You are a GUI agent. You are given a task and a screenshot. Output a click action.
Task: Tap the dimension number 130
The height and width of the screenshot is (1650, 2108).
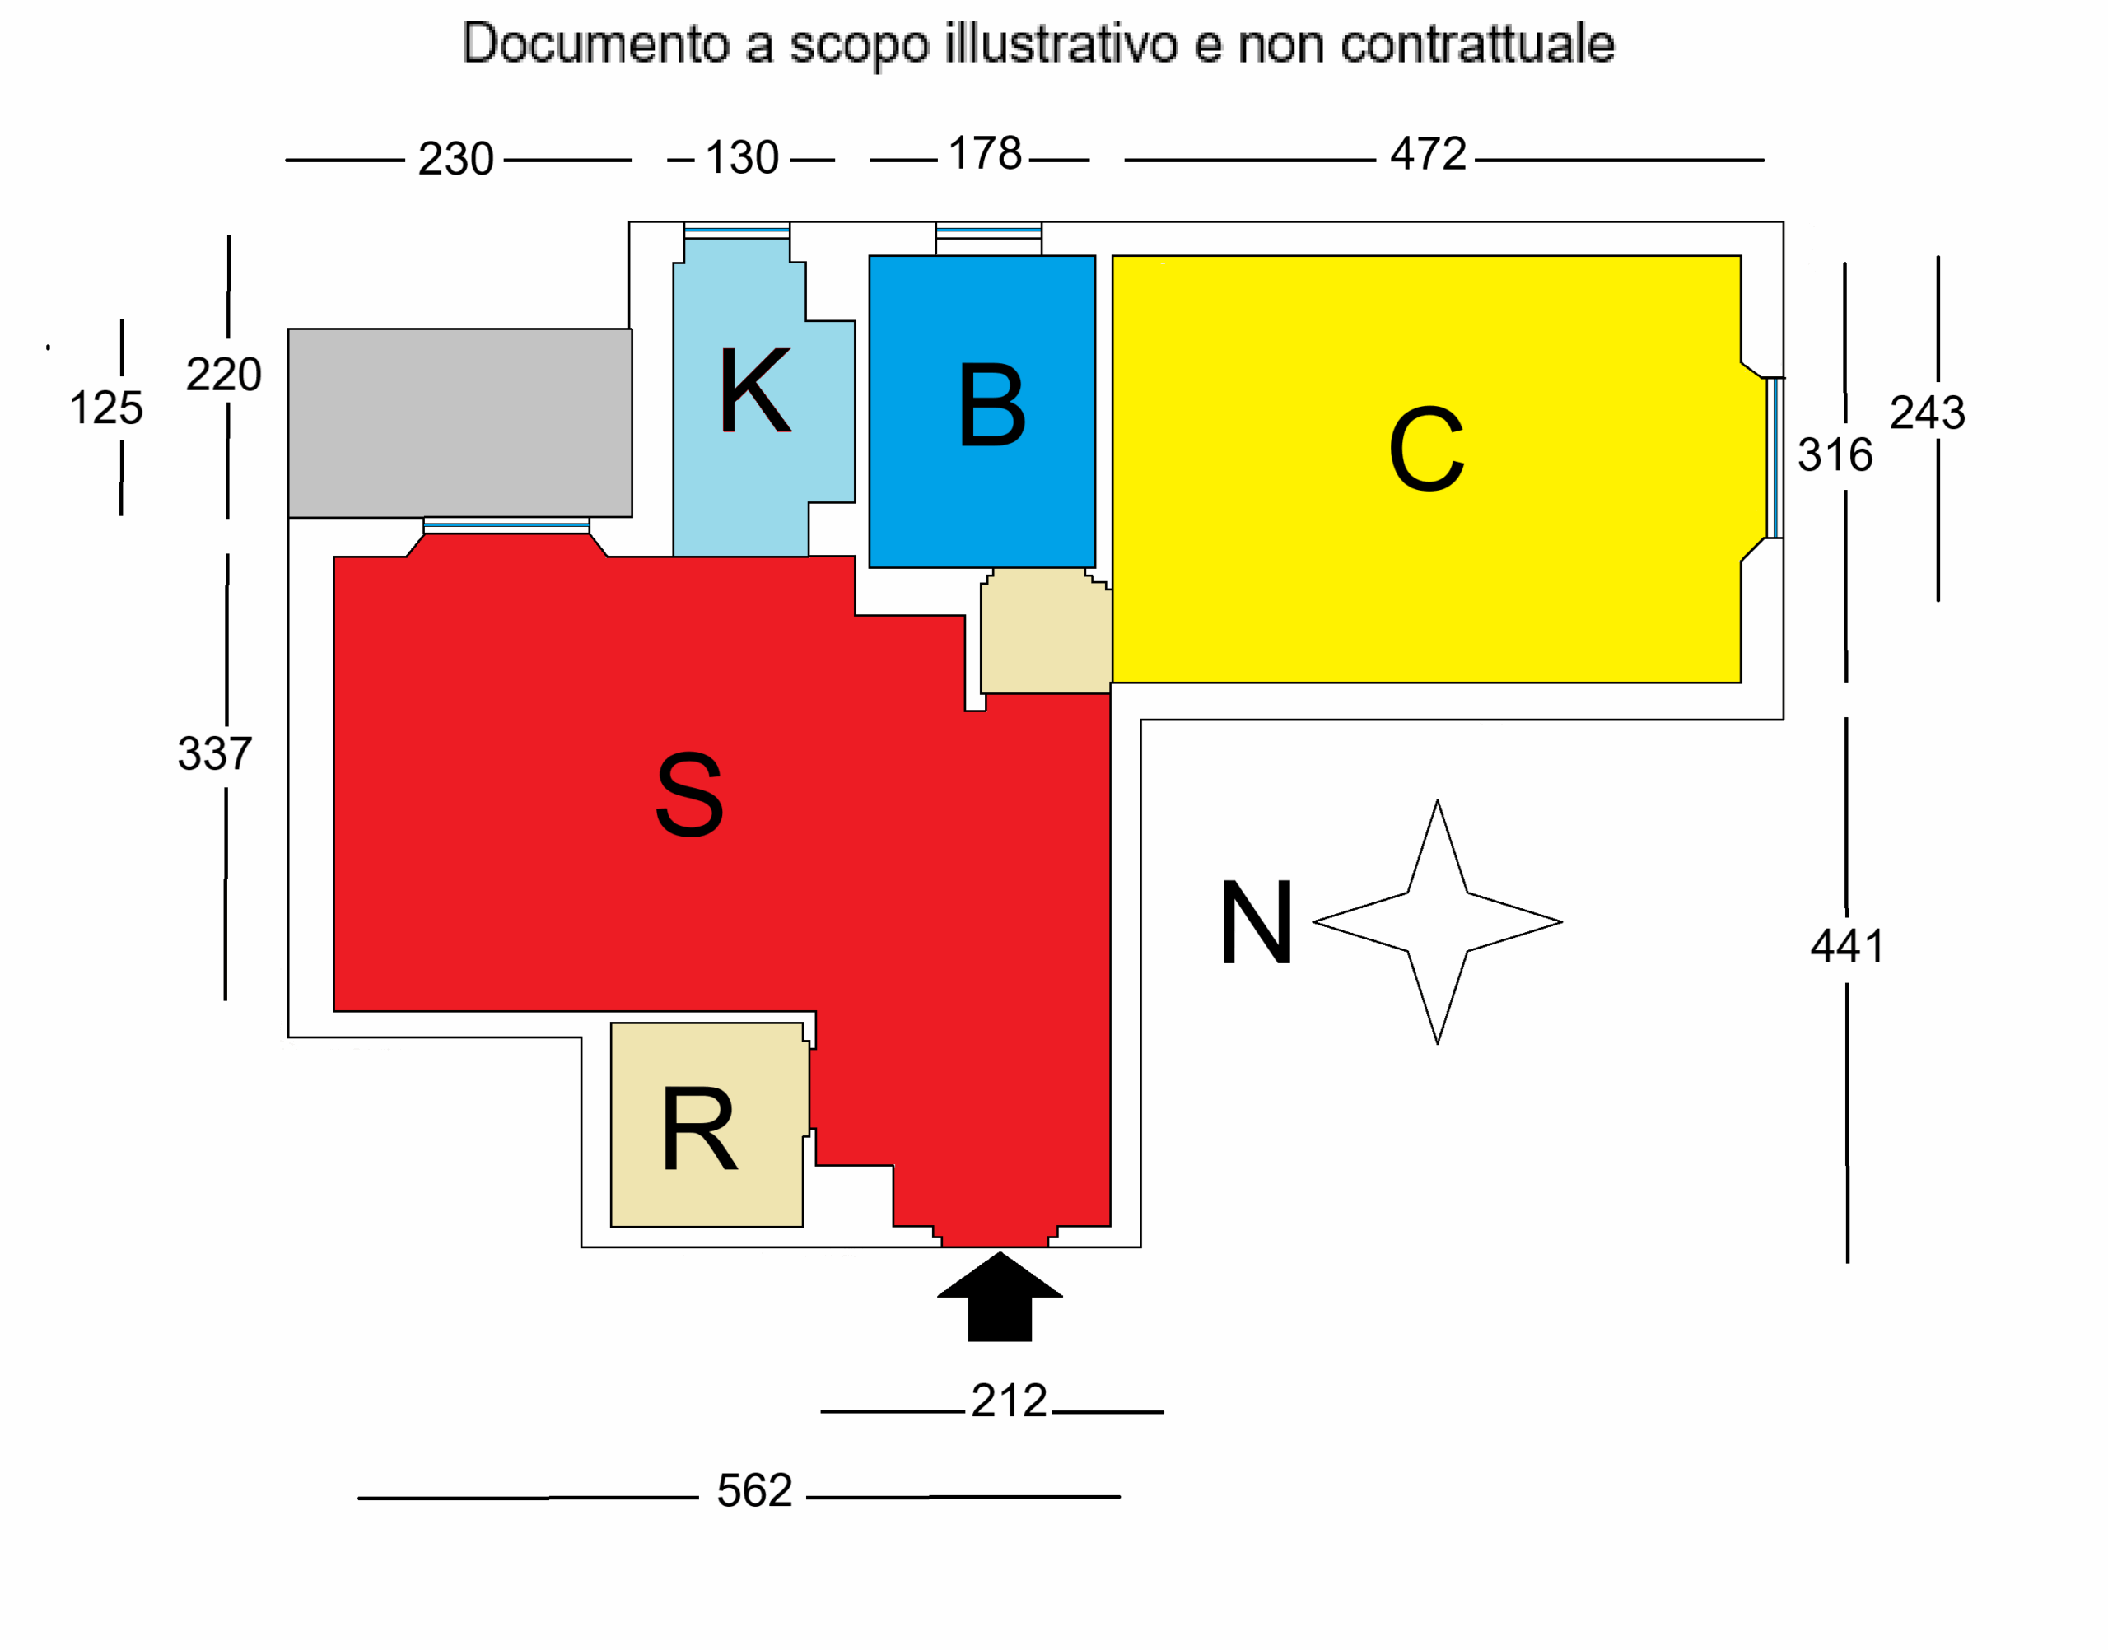click(x=741, y=158)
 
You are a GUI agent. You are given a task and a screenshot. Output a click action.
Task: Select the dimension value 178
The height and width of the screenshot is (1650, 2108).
click(x=985, y=155)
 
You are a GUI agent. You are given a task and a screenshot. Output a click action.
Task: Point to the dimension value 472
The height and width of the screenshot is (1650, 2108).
click(x=1427, y=155)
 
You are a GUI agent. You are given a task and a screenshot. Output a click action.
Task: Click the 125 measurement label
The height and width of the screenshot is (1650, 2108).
click(x=106, y=408)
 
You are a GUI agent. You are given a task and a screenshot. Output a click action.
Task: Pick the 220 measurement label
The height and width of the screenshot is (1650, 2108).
click(x=223, y=375)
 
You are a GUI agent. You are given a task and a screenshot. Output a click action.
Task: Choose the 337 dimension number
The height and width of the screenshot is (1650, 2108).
click(x=214, y=753)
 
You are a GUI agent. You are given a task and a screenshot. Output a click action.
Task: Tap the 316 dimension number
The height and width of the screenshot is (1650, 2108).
click(x=1834, y=455)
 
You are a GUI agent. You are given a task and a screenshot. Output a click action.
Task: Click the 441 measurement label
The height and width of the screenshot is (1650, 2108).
click(x=1846, y=946)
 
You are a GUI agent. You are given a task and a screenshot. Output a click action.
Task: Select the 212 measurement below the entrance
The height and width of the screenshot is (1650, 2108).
click(x=1009, y=1401)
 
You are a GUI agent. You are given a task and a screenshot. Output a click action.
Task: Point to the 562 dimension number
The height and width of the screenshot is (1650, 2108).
click(x=753, y=1490)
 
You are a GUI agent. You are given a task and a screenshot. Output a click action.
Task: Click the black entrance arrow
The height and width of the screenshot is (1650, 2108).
click(x=1000, y=1299)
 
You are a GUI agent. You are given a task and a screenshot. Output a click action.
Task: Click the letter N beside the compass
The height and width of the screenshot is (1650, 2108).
click(x=1255, y=923)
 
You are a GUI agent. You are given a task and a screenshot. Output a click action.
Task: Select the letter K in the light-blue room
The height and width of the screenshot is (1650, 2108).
click(x=754, y=391)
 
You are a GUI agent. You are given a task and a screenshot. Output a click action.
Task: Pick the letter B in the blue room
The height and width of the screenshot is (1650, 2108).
click(x=991, y=406)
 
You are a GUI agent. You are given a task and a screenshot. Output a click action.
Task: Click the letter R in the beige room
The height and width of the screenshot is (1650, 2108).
click(x=698, y=1130)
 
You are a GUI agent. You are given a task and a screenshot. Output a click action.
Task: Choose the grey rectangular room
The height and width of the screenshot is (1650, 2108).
click(x=459, y=423)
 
